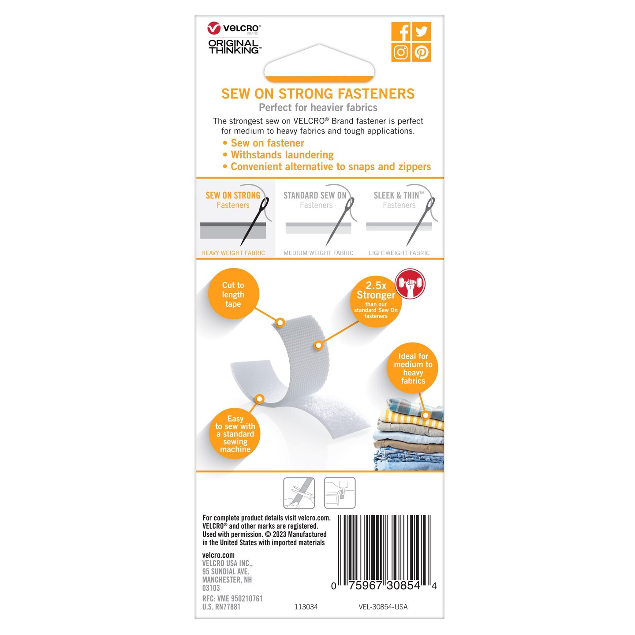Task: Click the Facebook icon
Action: click(401, 32)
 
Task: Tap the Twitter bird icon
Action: click(422, 32)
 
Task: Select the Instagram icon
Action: click(401, 52)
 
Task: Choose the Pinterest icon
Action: click(422, 52)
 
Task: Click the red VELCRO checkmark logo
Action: click(214, 28)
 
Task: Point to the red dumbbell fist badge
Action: click(410, 284)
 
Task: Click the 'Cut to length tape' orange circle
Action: click(233, 294)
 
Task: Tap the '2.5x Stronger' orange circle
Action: click(376, 301)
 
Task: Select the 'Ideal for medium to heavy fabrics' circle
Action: click(413, 368)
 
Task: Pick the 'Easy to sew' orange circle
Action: click(235, 433)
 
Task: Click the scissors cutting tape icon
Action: click(299, 493)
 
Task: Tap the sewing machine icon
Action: click(340, 493)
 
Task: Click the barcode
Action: click(384, 552)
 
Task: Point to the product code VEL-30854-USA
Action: click(383, 607)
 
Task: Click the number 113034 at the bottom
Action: click(306, 607)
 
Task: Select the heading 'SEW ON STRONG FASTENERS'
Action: click(318, 93)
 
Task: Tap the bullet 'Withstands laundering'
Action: click(282, 154)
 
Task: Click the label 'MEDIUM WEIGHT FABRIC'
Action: click(319, 253)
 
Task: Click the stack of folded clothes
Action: click(409, 434)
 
